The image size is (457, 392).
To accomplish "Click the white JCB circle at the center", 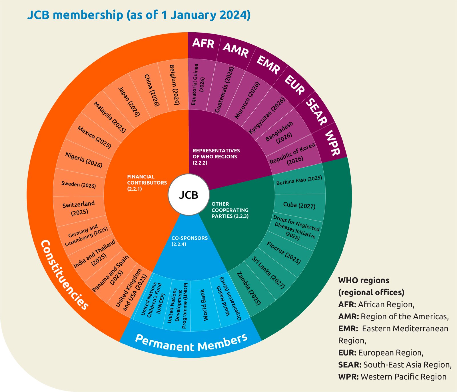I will (189, 195).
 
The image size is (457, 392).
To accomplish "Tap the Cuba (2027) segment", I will (299, 205).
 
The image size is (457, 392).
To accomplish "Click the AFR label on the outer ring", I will (203, 43).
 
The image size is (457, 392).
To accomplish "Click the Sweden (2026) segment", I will (79, 185).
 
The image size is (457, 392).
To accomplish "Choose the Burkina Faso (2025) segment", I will (299, 180).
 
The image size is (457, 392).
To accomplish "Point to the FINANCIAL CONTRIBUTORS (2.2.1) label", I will (147, 183).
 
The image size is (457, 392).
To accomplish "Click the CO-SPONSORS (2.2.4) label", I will (189, 241).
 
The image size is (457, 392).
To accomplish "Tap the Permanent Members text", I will (191, 343).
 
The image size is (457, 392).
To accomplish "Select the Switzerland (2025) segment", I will (79, 208).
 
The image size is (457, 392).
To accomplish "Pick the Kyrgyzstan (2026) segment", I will (267, 116).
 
